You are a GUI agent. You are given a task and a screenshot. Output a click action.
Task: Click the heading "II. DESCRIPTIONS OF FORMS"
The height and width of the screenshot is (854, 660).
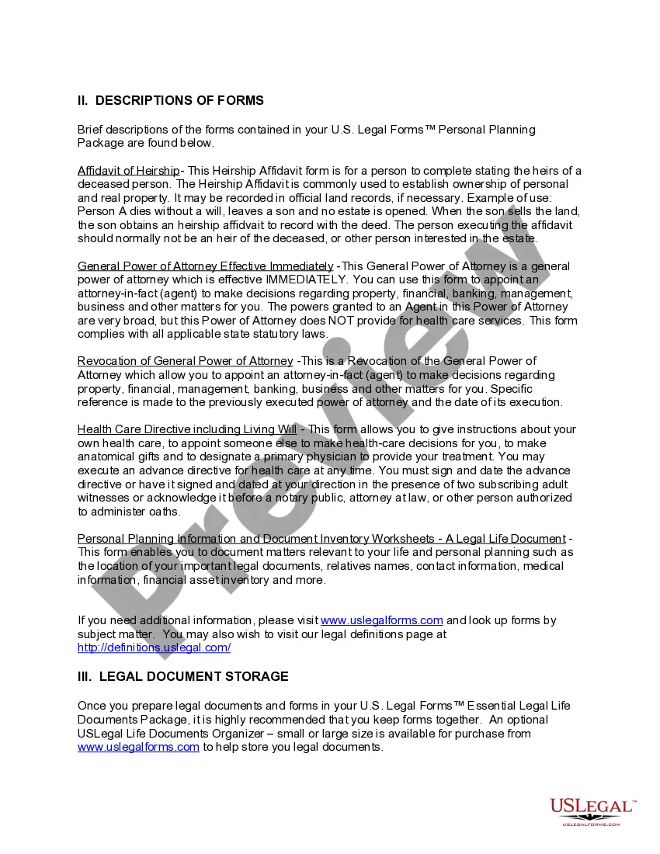click(x=171, y=101)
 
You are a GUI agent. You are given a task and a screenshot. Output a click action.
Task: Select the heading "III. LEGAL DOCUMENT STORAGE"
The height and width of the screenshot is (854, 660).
click(x=182, y=677)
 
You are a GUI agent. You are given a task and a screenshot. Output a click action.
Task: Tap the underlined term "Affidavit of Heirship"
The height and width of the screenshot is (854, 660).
click(x=128, y=171)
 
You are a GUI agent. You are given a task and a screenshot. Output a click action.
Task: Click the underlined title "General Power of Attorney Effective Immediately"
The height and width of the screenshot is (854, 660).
click(x=206, y=266)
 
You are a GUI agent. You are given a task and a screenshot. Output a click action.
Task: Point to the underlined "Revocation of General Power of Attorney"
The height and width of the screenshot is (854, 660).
click(x=186, y=361)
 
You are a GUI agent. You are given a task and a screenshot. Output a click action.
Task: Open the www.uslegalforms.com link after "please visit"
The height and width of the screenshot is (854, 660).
click(x=381, y=620)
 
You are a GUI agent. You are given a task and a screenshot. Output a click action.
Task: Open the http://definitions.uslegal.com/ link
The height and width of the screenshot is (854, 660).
click(x=154, y=647)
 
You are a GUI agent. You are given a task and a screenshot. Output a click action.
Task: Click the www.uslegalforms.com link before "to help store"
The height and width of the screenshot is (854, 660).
click(x=138, y=747)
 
